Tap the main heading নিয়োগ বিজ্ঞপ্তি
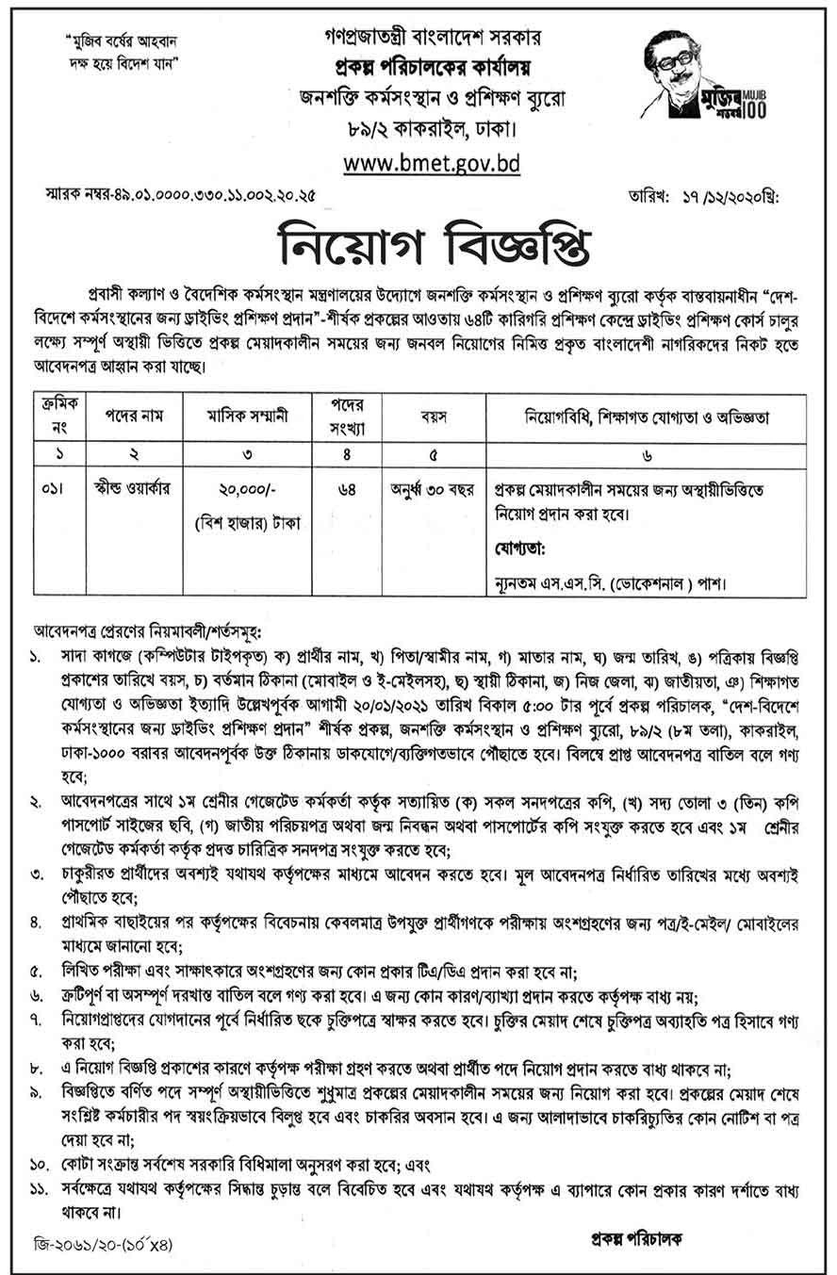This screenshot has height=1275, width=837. pos(418,250)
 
